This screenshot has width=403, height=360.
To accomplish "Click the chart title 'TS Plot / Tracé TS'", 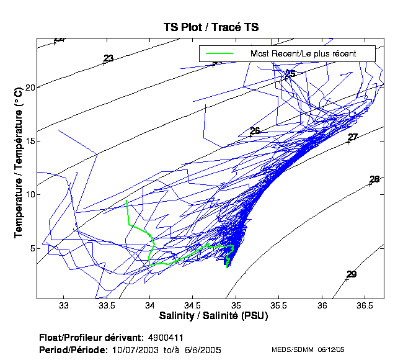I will click(210, 27).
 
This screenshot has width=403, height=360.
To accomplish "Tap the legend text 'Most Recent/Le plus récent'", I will click(303, 53).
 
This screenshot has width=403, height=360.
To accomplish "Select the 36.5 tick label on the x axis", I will click(365, 306).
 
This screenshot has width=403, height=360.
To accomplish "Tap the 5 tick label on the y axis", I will click(31, 248).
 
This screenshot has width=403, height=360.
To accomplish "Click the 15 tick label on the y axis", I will click(29, 141).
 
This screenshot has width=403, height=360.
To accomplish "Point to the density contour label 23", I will click(108, 58).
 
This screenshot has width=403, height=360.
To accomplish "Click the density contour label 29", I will click(352, 274).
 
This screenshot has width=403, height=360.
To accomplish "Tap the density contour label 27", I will click(353, 137).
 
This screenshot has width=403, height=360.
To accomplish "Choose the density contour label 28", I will click(374, 179).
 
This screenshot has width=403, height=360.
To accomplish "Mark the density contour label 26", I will click(254, 131).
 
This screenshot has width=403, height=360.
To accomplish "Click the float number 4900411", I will click(166, 337).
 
